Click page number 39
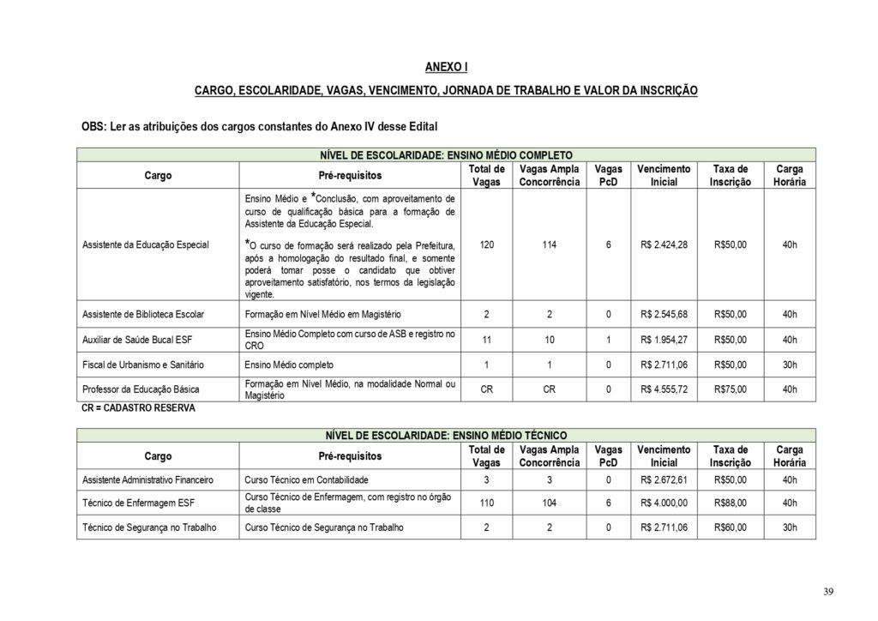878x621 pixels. click(827, 592)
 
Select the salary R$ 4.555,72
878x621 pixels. click(664, 389)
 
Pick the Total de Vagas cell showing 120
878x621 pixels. click(487, 244)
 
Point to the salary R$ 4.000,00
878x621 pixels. click(664, 503)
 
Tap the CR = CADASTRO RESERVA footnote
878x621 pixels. click(137, 408)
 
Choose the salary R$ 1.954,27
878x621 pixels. click(664, 339)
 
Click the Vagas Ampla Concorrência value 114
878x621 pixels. click(549, 244)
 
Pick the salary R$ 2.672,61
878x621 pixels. click(664, 479)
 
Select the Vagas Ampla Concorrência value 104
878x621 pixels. click(549, 503)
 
